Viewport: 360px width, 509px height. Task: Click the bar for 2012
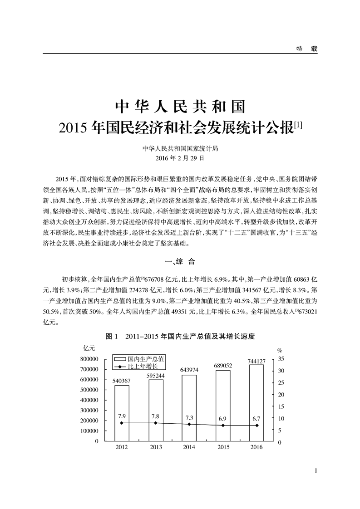[122, 412]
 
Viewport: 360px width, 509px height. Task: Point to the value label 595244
[155, 375]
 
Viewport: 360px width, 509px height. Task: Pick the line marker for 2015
[223, 426]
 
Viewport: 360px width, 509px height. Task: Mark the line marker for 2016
[257, 426]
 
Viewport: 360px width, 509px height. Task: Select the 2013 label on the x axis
[155, 447]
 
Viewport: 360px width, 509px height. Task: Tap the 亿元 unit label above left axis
[89, 348]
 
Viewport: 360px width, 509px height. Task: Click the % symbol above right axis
[280, 350]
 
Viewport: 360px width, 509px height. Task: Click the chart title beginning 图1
[180, 337]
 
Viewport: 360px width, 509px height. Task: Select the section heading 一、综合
[180, 261]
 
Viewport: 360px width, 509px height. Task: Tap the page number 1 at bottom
[316, 470]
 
